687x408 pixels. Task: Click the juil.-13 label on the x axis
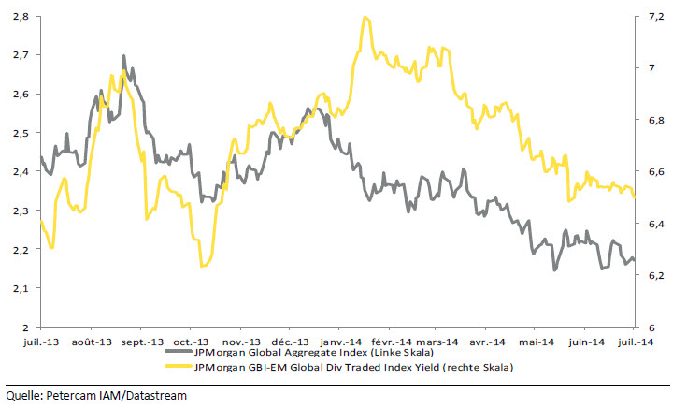pyautogui.click(x=40, y=342)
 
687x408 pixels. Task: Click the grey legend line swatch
pyautogui.click(x=183, y=355)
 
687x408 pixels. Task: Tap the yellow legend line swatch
pyautogui.click(x=183, y=368)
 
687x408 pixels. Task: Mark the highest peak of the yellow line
pyautogui.click(x=365, y=17)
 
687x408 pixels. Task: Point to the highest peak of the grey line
pyautogui.click(x=124, y=56)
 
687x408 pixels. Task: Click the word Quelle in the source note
pyautogui.click(x=23, y=395)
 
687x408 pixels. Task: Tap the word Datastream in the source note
pyautogui.click(x=157, y=395)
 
